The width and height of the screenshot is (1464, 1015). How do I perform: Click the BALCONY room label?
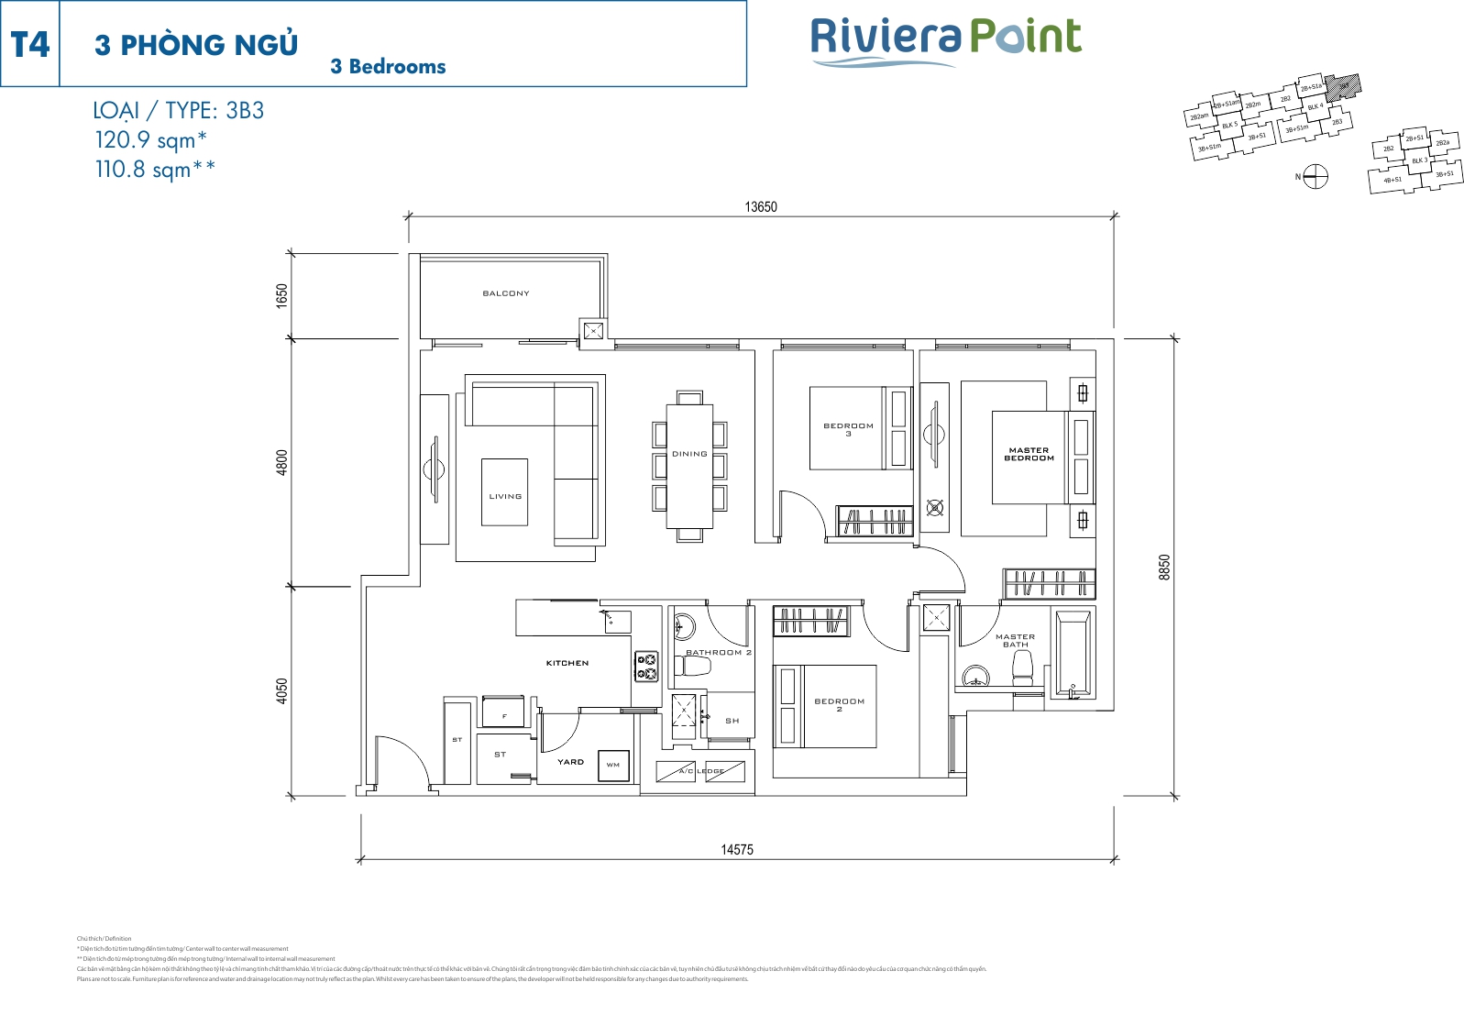(506, 293)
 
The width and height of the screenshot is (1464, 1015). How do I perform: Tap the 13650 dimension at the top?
(760, 207)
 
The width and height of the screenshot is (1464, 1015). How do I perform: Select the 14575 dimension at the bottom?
(736, 850)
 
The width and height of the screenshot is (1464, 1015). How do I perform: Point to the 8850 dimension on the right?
(1164, 567)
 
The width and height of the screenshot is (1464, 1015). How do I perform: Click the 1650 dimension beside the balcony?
(282, 295)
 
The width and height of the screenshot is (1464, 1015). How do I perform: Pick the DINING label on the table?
(689, 454)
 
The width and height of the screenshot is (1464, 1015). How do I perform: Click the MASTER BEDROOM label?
(1029, 454)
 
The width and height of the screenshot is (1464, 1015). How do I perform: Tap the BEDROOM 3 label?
(848, 429)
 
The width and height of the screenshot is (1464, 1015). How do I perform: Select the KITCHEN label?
(567, 663)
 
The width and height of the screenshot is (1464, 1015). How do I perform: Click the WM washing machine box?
(613, 765)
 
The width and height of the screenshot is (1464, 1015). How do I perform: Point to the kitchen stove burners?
(646, 666)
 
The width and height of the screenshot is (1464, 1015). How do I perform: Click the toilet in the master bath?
(1022, 668)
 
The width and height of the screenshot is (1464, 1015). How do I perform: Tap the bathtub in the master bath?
(1072, 654)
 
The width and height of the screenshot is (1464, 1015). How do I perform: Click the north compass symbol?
(1315, 176)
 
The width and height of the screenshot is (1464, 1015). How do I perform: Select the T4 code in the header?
(30, 44)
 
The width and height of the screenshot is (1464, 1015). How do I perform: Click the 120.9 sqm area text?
(151, 140)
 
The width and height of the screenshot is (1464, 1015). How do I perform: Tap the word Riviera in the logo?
(886, 37)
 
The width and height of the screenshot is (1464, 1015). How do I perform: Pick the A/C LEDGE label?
(701, 771)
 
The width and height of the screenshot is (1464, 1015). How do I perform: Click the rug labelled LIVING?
(504, 492)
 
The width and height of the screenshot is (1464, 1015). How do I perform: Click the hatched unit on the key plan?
(1343, 87)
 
